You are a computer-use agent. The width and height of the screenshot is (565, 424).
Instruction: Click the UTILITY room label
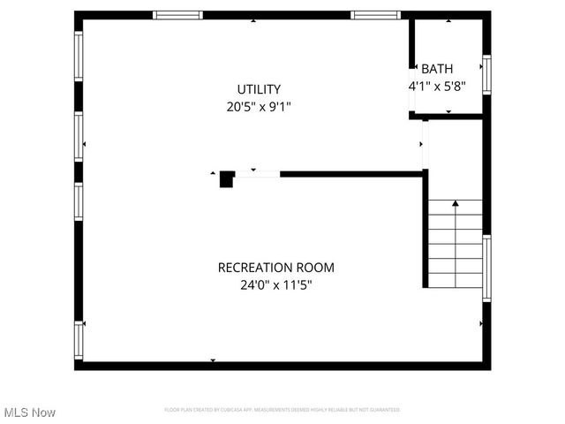(259, 89)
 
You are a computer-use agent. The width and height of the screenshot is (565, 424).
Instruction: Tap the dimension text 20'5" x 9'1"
(259, 107)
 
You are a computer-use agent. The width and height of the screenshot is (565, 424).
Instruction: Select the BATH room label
(437, 69)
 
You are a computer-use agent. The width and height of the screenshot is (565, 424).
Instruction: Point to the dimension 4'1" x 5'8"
(436, 87)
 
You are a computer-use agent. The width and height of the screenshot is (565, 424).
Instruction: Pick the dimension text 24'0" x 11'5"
(276, 284)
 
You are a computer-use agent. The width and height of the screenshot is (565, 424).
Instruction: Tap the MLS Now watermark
(30, 413)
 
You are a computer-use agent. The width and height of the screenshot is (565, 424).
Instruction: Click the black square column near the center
(227, 178)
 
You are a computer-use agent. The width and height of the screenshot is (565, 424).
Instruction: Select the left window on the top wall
(177, 15)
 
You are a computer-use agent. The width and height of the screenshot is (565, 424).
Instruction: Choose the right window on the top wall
(375, 15)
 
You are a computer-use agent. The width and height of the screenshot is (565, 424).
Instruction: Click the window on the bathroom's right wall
(486, 74)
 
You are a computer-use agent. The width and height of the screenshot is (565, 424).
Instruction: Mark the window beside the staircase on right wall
(486, 268)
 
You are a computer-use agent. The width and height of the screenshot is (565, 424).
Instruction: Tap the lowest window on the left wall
(79, 339)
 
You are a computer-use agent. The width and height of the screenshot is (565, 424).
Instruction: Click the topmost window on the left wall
(79, 57)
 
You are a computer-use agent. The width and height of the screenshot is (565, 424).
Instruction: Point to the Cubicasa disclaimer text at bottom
(282, 410)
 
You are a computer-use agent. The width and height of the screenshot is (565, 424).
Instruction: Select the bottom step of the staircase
(456, 281)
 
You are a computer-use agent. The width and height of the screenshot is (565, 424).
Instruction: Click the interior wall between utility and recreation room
(353, 174)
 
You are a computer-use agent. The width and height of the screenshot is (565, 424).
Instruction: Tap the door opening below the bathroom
(425, 144)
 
